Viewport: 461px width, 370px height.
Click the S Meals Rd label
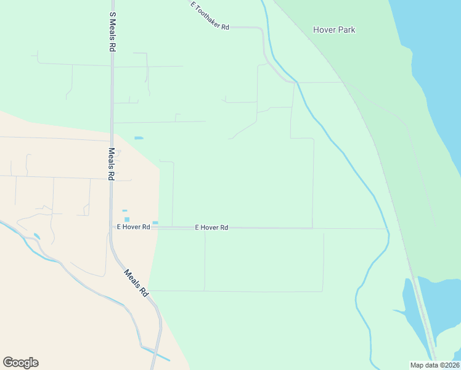(x=112, y=31)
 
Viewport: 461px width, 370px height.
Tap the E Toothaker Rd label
(x=210, y=16)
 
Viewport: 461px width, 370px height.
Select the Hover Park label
(x=334, y=30)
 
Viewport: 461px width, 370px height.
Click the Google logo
(x=20, y=363)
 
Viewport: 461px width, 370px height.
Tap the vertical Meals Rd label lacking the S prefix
(x=112, y=163)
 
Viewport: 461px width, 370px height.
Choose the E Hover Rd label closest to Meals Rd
(x=134, y=227)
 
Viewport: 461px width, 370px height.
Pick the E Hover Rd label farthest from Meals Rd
(x=211, y=228)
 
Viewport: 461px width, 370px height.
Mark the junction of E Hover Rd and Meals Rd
(x=112, y=228)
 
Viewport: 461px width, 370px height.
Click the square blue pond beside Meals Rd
(x=127, y=219)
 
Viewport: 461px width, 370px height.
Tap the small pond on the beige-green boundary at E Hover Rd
(x=155, y=223)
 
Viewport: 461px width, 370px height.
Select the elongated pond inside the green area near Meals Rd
(x=138, y=138)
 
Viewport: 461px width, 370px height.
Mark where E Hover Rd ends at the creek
(x=387, y=229)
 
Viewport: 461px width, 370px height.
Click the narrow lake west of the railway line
(x=412, y=308)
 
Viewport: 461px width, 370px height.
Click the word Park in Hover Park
(x=346, y=30)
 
